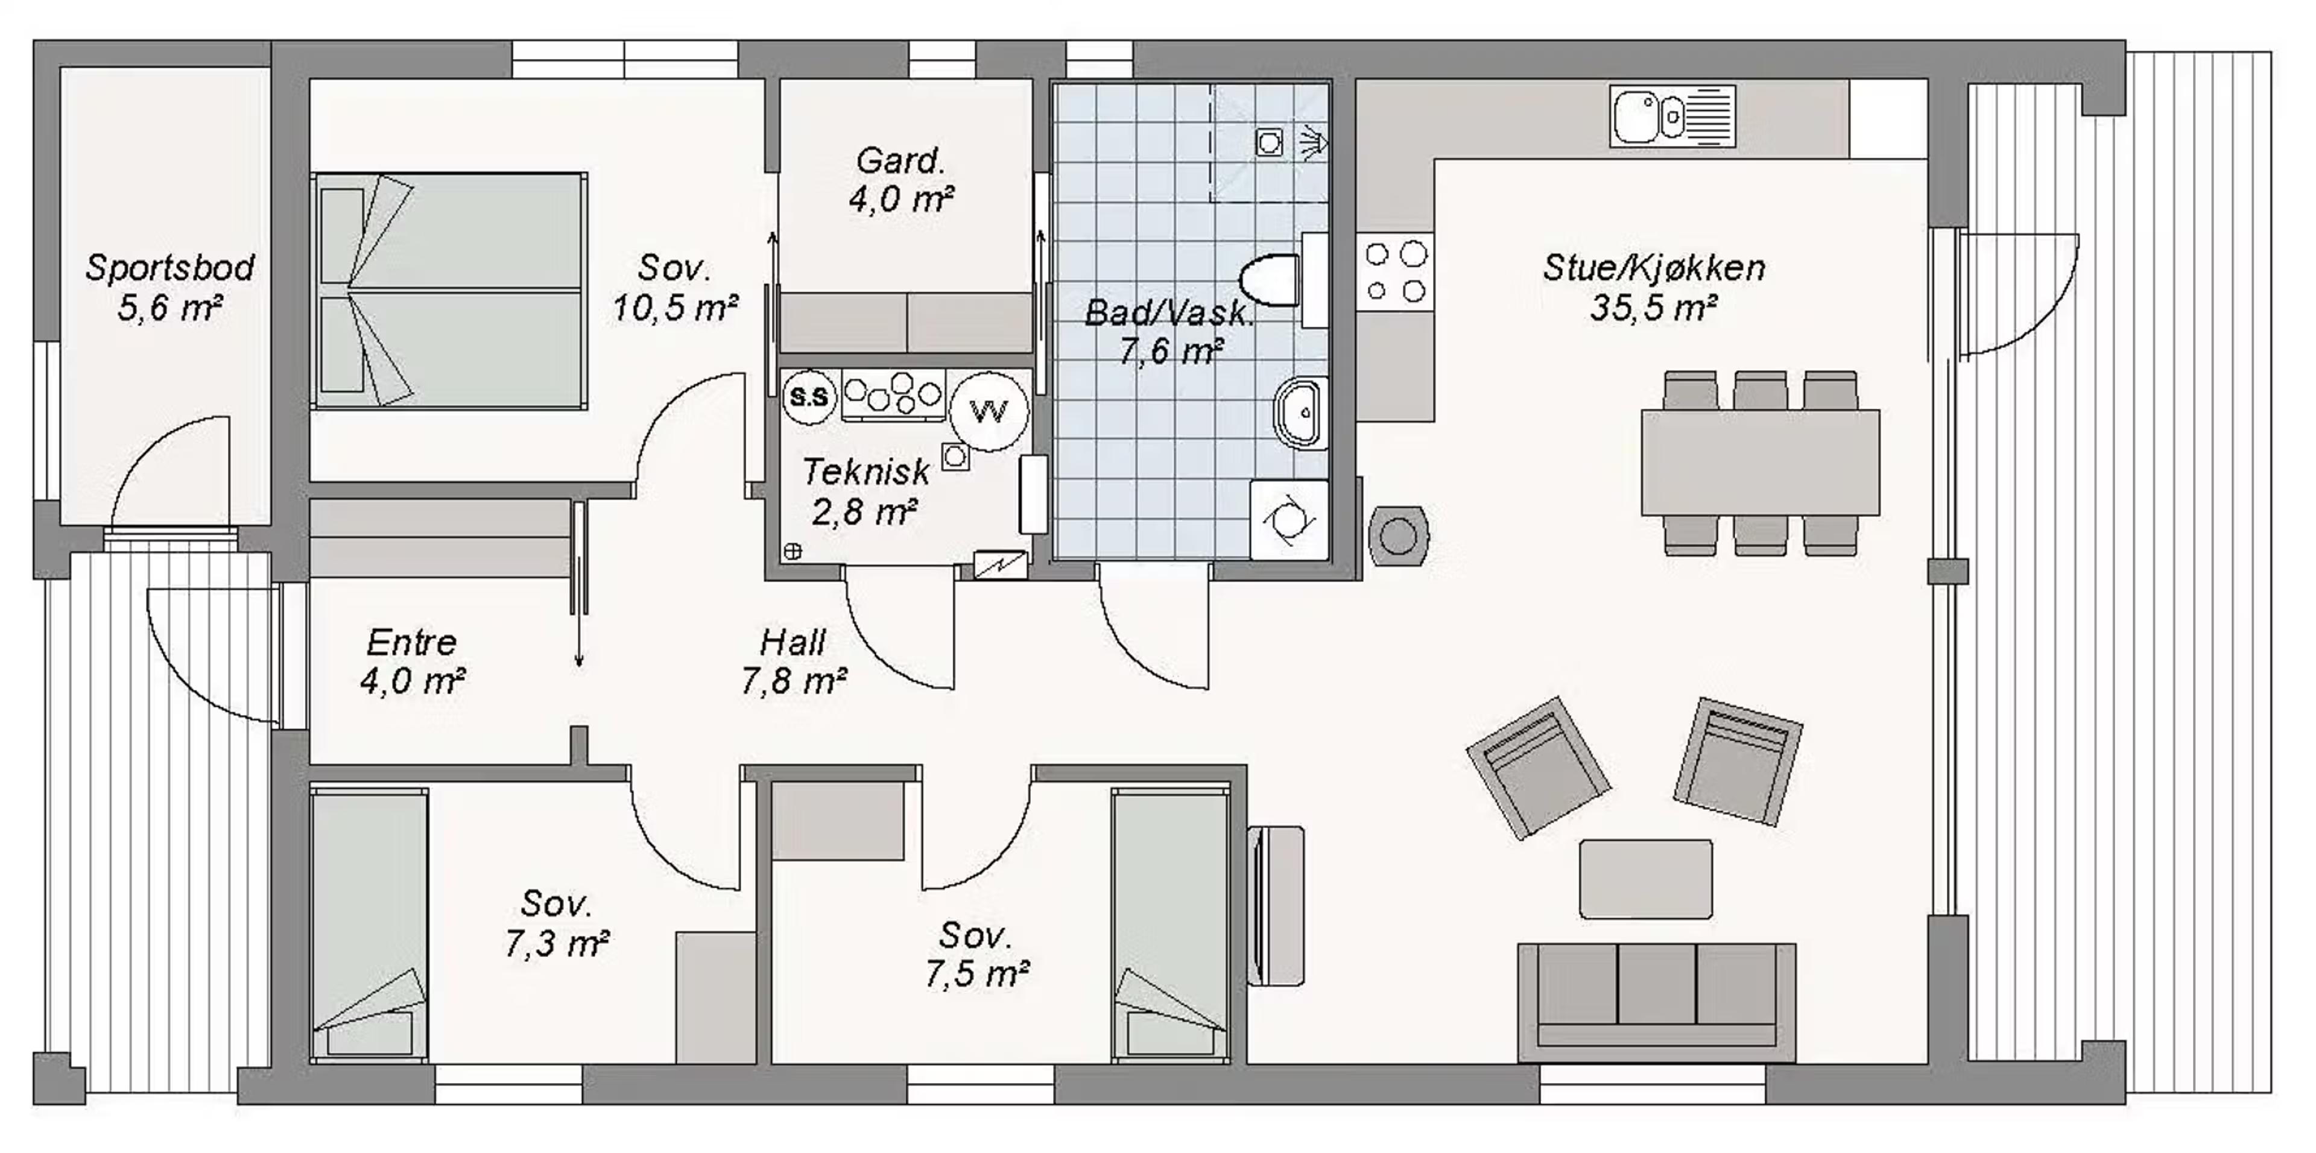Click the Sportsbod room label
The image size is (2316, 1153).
(170, 268)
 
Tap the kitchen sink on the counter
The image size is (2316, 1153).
(1672, 116)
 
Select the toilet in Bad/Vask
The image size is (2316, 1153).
(1270, 280)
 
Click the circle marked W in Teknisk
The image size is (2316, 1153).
(989, 412)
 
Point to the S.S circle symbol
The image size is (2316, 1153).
(808, 396)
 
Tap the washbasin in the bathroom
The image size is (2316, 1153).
(1301, 412)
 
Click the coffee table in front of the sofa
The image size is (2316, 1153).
(1645, 879)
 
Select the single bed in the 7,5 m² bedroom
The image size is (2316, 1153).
(1169, 926)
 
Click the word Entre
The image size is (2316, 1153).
(412, 643)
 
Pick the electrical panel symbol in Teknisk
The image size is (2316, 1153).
(1001, 564)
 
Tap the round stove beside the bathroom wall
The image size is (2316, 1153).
(1398, 537)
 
